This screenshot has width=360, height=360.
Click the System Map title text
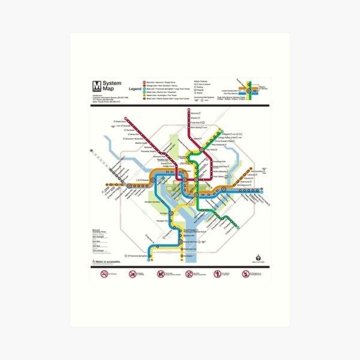pos(112,85)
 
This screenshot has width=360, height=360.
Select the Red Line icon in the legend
pos(143,82)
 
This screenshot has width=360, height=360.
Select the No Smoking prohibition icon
pos(104,274)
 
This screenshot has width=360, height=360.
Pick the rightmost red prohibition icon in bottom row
pos(245,274)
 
